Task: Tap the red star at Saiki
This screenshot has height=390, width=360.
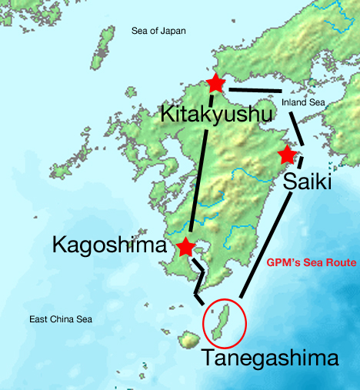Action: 287,154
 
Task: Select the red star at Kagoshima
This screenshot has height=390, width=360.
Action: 185,247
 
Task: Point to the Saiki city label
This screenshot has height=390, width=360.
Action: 307,182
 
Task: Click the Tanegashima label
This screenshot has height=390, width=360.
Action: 269,358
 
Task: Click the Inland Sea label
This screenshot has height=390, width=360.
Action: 298,101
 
